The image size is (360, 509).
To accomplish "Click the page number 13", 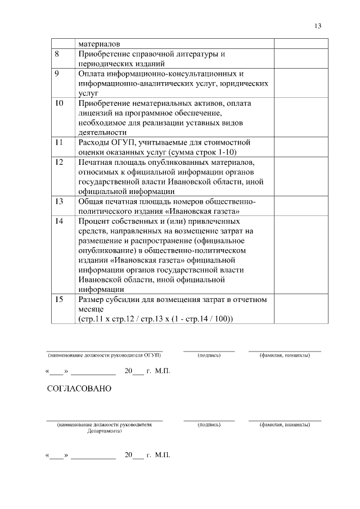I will click(318, 26).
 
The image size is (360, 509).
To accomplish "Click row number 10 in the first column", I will click(58, 103).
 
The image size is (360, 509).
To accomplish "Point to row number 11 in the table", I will click(58, 142).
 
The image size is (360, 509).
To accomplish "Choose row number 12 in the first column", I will click(58, 162).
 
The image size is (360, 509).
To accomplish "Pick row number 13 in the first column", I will click(58, 201).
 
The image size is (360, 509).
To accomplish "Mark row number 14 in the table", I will click(58, 221).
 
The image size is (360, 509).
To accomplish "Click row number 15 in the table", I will click(58, 299).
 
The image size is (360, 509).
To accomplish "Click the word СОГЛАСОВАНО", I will click(79, 389).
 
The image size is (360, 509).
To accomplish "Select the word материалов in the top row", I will click(99, 43).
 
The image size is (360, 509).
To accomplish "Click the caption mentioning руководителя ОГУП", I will click(104, 355).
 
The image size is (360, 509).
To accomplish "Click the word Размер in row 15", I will click(92, 299).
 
